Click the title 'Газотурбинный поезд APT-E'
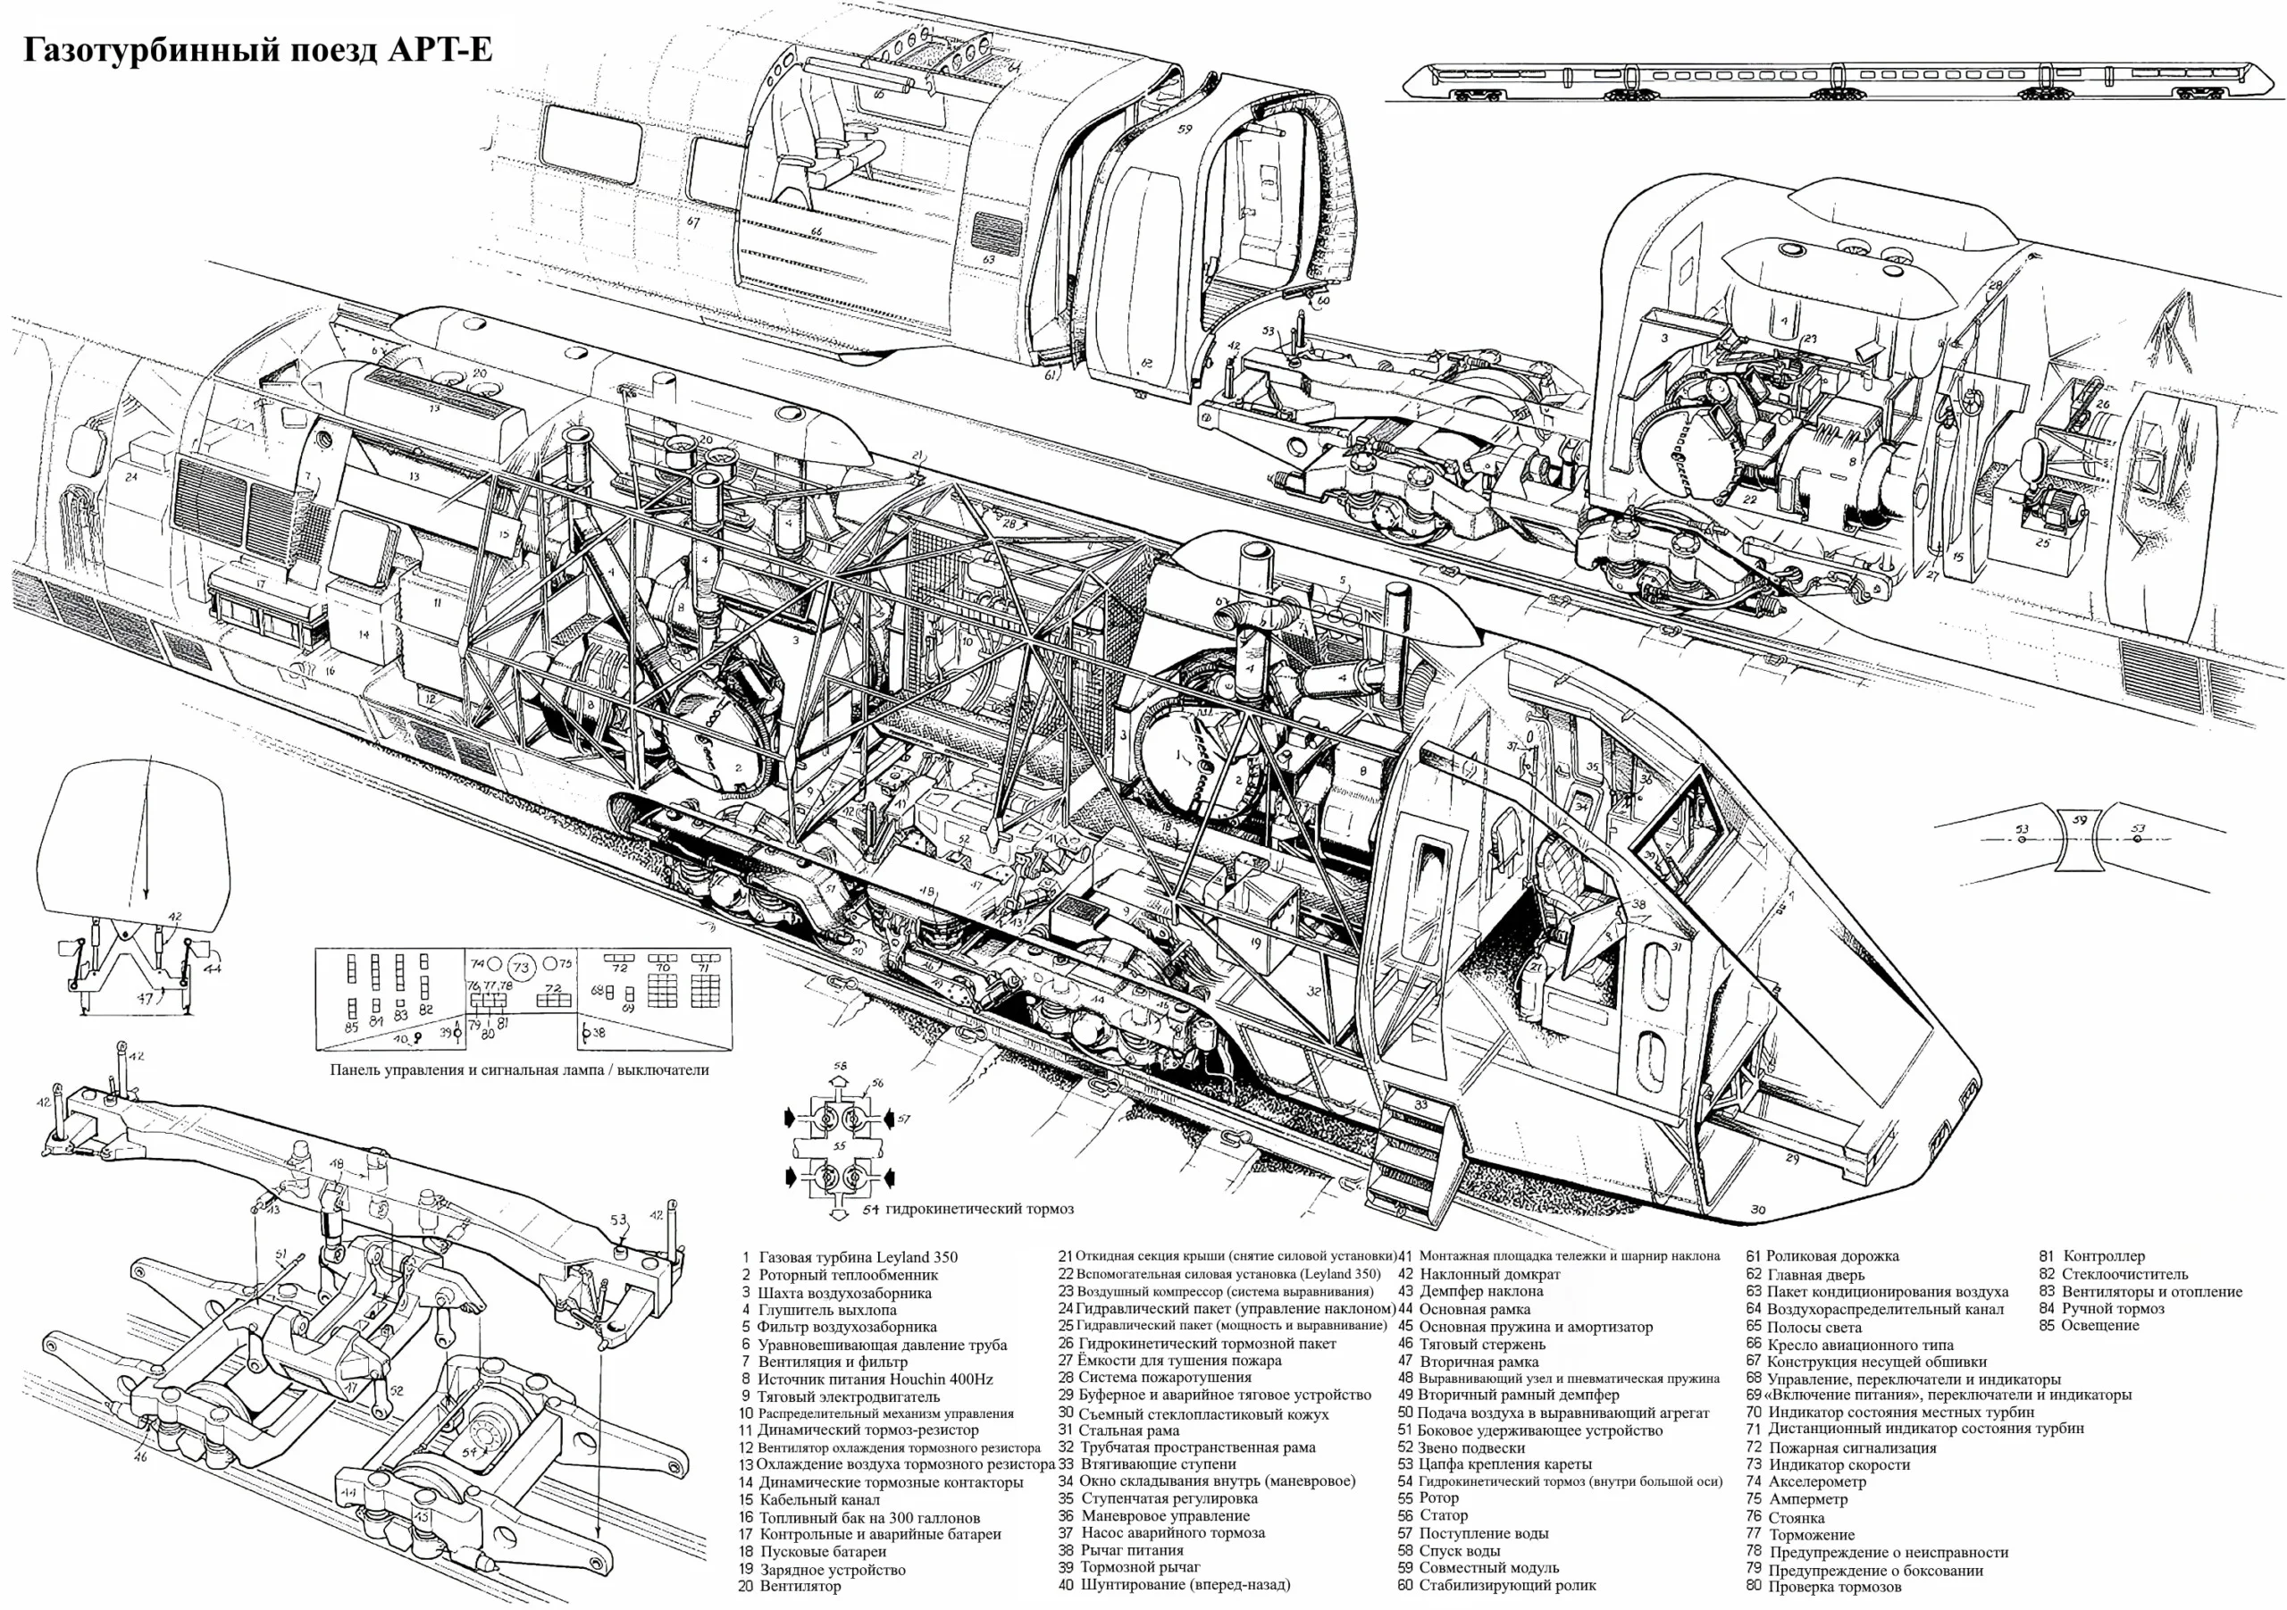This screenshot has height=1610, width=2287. pyautogui.click(x=257, y=50)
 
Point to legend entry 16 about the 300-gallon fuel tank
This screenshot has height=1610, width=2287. pyautogui.click(x=868, y=1517)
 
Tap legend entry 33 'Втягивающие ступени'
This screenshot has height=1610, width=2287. pyautogui.click(x=1155, y=1463)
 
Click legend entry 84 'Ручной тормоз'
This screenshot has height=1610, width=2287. pyautogui.click(x=2112, y=1308)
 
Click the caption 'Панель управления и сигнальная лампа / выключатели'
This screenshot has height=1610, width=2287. pyautogui.click(x=519, y=1070)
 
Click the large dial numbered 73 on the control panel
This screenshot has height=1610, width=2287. pyautogui.click(x=521, y=967)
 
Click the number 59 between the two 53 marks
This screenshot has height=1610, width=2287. pyautogui.click(x=2079, y=821)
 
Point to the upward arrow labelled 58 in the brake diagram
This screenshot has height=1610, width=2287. pyautogui.click(x=839, y=1080)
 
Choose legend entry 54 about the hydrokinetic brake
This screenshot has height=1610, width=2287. pyautogui.click(x=1569, y=1481)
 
